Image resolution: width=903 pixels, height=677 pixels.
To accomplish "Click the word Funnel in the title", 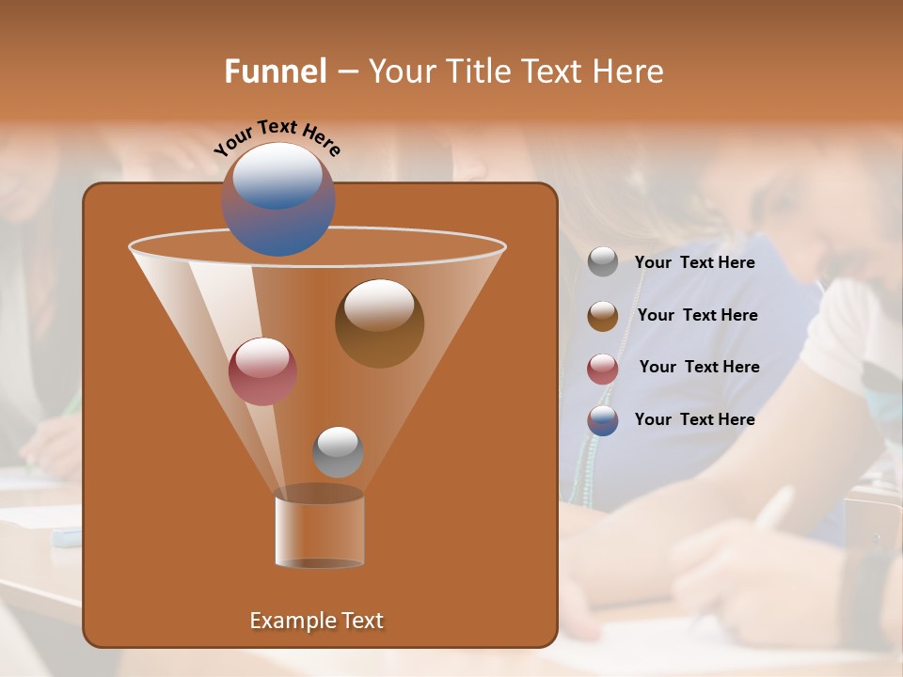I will (x=275, y=71).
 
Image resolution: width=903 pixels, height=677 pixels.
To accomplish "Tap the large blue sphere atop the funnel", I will (x=277, y=199).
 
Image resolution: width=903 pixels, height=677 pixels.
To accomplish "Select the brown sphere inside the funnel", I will (x=379, y=323).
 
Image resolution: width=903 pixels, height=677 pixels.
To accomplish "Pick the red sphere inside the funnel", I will (x=262, y=370).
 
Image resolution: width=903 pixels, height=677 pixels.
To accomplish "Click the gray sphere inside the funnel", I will (x=338, y=451).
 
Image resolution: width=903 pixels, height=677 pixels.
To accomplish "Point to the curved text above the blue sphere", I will (x=277, y=136).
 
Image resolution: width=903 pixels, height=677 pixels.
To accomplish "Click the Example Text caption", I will (x=316, y=621).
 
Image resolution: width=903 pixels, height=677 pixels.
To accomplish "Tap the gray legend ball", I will (x=603, y=261).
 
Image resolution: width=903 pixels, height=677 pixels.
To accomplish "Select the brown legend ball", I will (x=603, y=316).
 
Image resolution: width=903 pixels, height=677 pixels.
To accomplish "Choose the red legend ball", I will (x=603, y=369).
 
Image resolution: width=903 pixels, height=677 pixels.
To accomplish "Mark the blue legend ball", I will (x=603, y=420).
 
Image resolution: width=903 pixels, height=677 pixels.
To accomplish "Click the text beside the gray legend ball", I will (x=694, y=262).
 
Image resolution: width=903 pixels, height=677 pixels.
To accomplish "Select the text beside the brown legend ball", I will (x=697, y=315).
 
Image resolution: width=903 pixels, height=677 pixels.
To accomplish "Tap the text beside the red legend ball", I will (x=699, y=367).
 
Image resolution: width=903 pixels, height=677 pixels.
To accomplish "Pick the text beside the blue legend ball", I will (x=694, y=419).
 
